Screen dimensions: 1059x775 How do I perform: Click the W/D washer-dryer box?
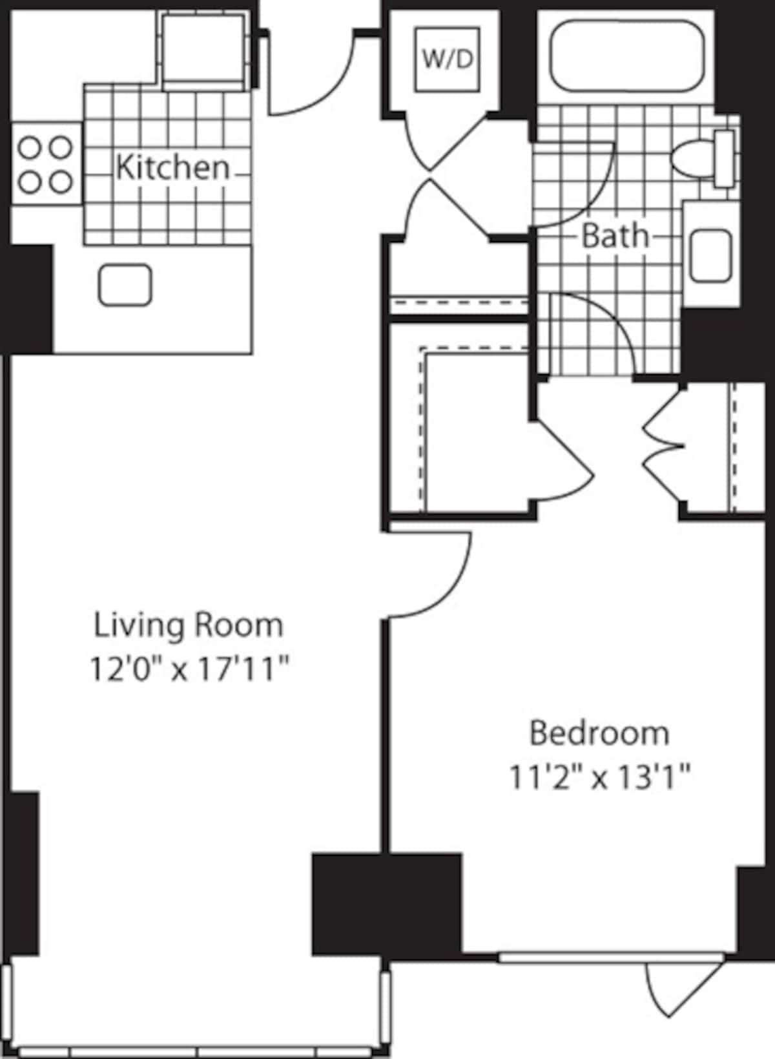coord(447,59)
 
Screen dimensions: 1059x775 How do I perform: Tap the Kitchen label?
coord(172,167)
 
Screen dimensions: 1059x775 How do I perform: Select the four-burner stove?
coord(44,165)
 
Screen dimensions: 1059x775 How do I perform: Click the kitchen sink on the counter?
coord(125,285)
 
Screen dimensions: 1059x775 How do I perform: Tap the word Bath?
coord(614,236)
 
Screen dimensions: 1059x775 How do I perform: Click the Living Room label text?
coord(189,625)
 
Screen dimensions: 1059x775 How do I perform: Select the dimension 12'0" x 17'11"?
coord(188,669)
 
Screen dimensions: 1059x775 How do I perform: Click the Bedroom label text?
coord(599,733)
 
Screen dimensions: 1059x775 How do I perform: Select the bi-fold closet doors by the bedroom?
coord(662,445)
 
